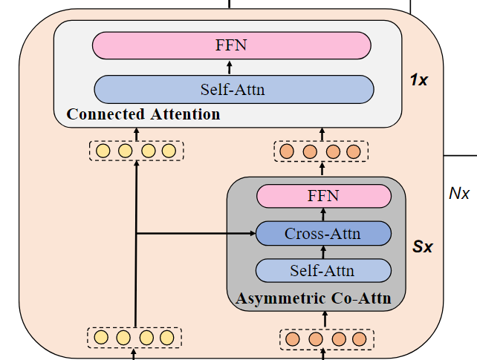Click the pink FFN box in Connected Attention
coord(231,46)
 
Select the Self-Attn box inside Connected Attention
coord(233,90)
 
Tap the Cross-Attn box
coord(322,234)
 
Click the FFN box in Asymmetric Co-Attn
coord(323,197)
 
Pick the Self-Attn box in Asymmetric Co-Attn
coord(322,270)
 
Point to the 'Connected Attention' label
coord(143,114)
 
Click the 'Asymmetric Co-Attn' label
coord(319,300)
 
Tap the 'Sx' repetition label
coord(423,246)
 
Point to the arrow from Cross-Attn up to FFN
coord(323,215)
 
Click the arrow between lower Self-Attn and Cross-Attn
coord(323,252)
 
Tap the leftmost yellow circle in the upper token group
coord(103,151)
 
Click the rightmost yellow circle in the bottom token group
coord(169,338)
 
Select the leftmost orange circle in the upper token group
coord(288,152)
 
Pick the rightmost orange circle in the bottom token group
coord(360,339)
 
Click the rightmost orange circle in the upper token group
coord(354,152)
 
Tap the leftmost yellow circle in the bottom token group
coord(102,338)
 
